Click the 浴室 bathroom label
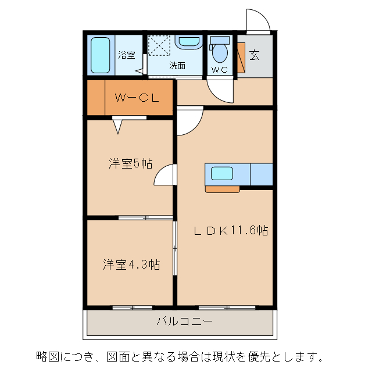pos(127,55)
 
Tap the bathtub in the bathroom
pos(101,55)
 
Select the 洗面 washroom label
pos(177,66)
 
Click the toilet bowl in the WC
pos(220,52)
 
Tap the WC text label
pos(220,70)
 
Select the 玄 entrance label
pos(255,55)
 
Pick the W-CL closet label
pos(137,98)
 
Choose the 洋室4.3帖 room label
pos(131,265)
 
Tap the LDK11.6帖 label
pos(230,230)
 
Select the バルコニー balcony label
pos(184,321)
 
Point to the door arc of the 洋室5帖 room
pos(164,175)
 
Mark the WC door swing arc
pos(220,90)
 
